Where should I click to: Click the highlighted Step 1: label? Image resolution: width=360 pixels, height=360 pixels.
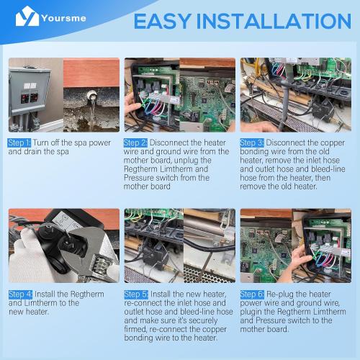point(20,143)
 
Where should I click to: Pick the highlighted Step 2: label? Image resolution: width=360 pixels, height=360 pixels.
point(136,143)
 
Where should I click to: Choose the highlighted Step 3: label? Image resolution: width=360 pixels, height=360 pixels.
point(252,143)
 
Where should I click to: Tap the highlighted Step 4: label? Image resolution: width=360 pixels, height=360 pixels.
point(20,294)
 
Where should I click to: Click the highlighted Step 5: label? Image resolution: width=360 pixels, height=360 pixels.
point(136,294)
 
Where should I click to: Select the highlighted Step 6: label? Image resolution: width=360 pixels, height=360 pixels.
point(252,294)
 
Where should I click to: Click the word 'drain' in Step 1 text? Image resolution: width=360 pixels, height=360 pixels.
point(29,152)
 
